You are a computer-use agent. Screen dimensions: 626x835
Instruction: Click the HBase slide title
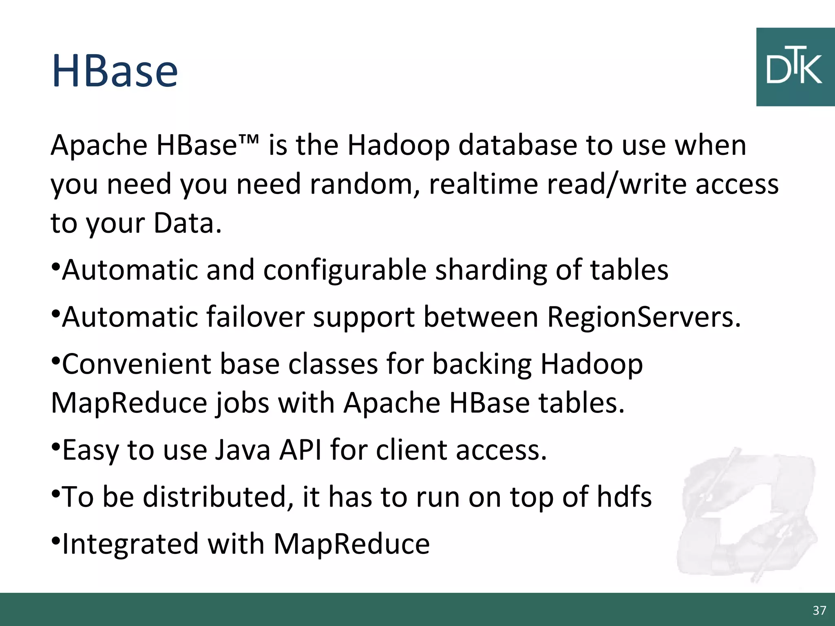pos(115,72)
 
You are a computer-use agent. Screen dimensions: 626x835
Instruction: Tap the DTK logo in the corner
pos(795,67)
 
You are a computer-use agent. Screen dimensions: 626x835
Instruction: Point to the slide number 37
pos(819,610)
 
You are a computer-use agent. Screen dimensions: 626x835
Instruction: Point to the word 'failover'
pos(255,317)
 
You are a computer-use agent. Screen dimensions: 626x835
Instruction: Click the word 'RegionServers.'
pos(643,317)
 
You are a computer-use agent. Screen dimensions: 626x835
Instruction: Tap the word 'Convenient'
pos(136,364)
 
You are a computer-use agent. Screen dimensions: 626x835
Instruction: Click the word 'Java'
pos(242,450)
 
